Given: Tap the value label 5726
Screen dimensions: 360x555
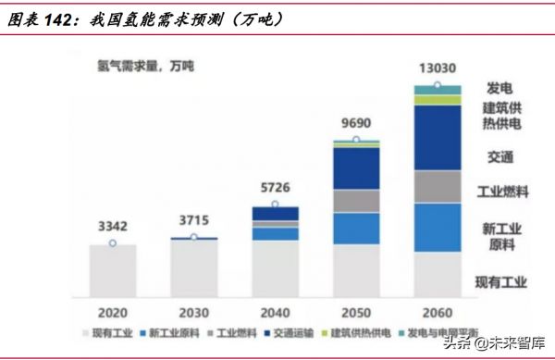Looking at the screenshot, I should point(275,185).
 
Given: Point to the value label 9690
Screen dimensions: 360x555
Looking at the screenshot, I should point(356,121).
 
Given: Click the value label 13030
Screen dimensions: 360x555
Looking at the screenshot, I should point(438,68).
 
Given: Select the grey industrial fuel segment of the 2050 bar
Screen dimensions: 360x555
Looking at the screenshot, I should point(356,201).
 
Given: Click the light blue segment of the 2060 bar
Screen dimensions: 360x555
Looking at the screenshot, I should point(438,227).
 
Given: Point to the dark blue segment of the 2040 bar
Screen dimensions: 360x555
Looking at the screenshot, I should point(275,214).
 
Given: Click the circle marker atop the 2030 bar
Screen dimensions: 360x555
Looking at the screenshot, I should point(194,238).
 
